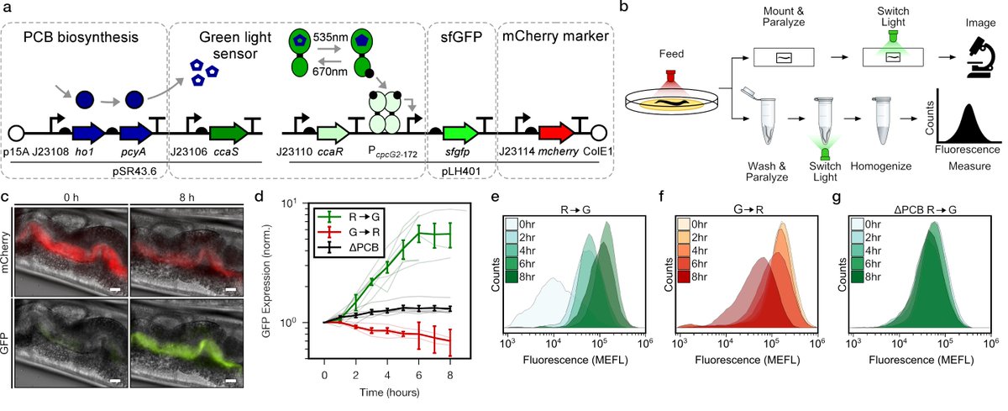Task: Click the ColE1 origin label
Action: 598,152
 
